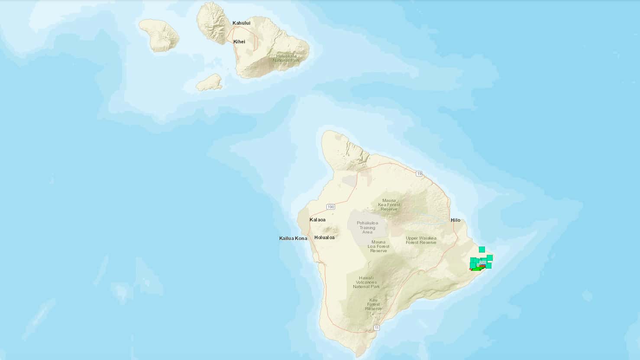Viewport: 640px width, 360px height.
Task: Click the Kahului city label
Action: [x=241, y=23]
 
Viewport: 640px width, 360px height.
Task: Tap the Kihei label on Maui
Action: [x=239, y=42]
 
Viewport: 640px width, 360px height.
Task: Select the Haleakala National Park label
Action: [x=286, y=58]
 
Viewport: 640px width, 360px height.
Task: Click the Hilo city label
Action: [x=455, y=220]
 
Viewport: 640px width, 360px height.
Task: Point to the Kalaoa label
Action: [x=317, y=220]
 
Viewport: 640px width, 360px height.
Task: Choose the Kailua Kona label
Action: [x=293, y=238]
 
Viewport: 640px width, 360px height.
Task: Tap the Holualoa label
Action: [x=324, y=237]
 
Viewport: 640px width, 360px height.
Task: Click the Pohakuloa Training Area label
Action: [x=367, y=227]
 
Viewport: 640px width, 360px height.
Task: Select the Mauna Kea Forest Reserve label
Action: [x=389, y=204]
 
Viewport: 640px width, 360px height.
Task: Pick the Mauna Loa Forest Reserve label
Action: [x=378, y=246]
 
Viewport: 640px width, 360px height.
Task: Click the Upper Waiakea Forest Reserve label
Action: [x=421, y=240]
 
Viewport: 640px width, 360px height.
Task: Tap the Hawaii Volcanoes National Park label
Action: [x=366, y=282]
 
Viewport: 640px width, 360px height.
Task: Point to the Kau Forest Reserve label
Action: [x=373, y=304]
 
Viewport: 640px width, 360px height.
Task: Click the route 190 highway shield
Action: [x=331, y=207]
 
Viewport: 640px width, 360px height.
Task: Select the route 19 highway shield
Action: [x=419, y=174]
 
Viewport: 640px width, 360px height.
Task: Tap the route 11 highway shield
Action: [x=377, y=328]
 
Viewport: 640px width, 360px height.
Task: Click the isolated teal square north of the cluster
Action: [x=482, y=250]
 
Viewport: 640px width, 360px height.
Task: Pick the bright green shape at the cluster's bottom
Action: [x=477, y=269]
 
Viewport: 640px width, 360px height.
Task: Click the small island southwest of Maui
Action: [x=209, y=82]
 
